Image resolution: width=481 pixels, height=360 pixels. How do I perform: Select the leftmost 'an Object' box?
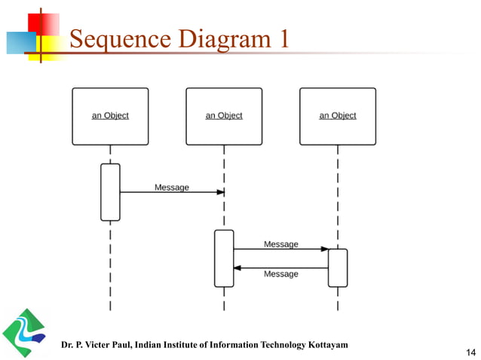pyautogui.click(x=110, y=116)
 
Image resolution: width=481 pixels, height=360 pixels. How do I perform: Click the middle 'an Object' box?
pyautogui.click(x=224, y=116)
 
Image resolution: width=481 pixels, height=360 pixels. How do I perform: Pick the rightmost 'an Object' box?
pyautogui.click(x=337, y=116)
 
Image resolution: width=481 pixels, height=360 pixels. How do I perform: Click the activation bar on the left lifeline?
pyautogui.click(x=110, y=192)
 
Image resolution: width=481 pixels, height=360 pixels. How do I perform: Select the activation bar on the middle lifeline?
pyautogui.click(x=224, y=258)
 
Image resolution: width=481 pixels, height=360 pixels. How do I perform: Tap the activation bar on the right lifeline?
pyautogui.click(x=337, y=267)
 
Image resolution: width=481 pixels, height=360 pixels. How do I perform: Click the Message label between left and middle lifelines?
pyautogui.click(x=172, y=187)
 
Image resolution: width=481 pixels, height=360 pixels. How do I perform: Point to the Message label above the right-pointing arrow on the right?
pyautogui.click(x=280, y=244)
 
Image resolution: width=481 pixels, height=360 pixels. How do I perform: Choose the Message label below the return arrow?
pyautogui.click(x=280, y=274)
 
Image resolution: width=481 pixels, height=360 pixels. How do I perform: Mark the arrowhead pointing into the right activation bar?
pyautogui.click(x=324, y=249)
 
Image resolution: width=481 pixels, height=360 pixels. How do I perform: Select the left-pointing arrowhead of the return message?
pyautogui.click(x=237, y=267)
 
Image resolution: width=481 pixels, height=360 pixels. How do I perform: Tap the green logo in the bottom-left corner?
pyautogui.click(x=23, y=331)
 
